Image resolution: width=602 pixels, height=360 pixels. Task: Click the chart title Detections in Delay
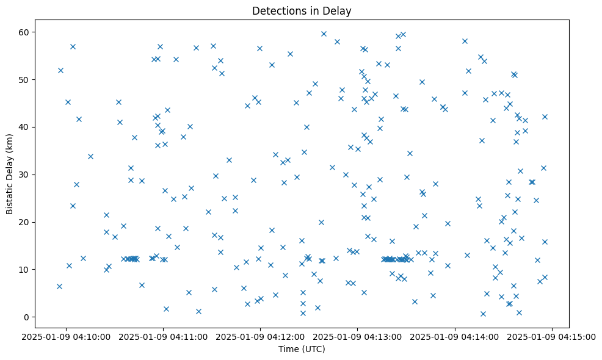point(302,11)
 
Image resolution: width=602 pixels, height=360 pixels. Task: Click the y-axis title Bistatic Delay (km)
point(9,173)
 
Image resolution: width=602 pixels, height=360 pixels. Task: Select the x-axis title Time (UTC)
point(302,350)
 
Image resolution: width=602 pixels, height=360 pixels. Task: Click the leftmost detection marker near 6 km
point(59,286)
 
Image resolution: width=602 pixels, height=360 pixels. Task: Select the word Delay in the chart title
point(339,11)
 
